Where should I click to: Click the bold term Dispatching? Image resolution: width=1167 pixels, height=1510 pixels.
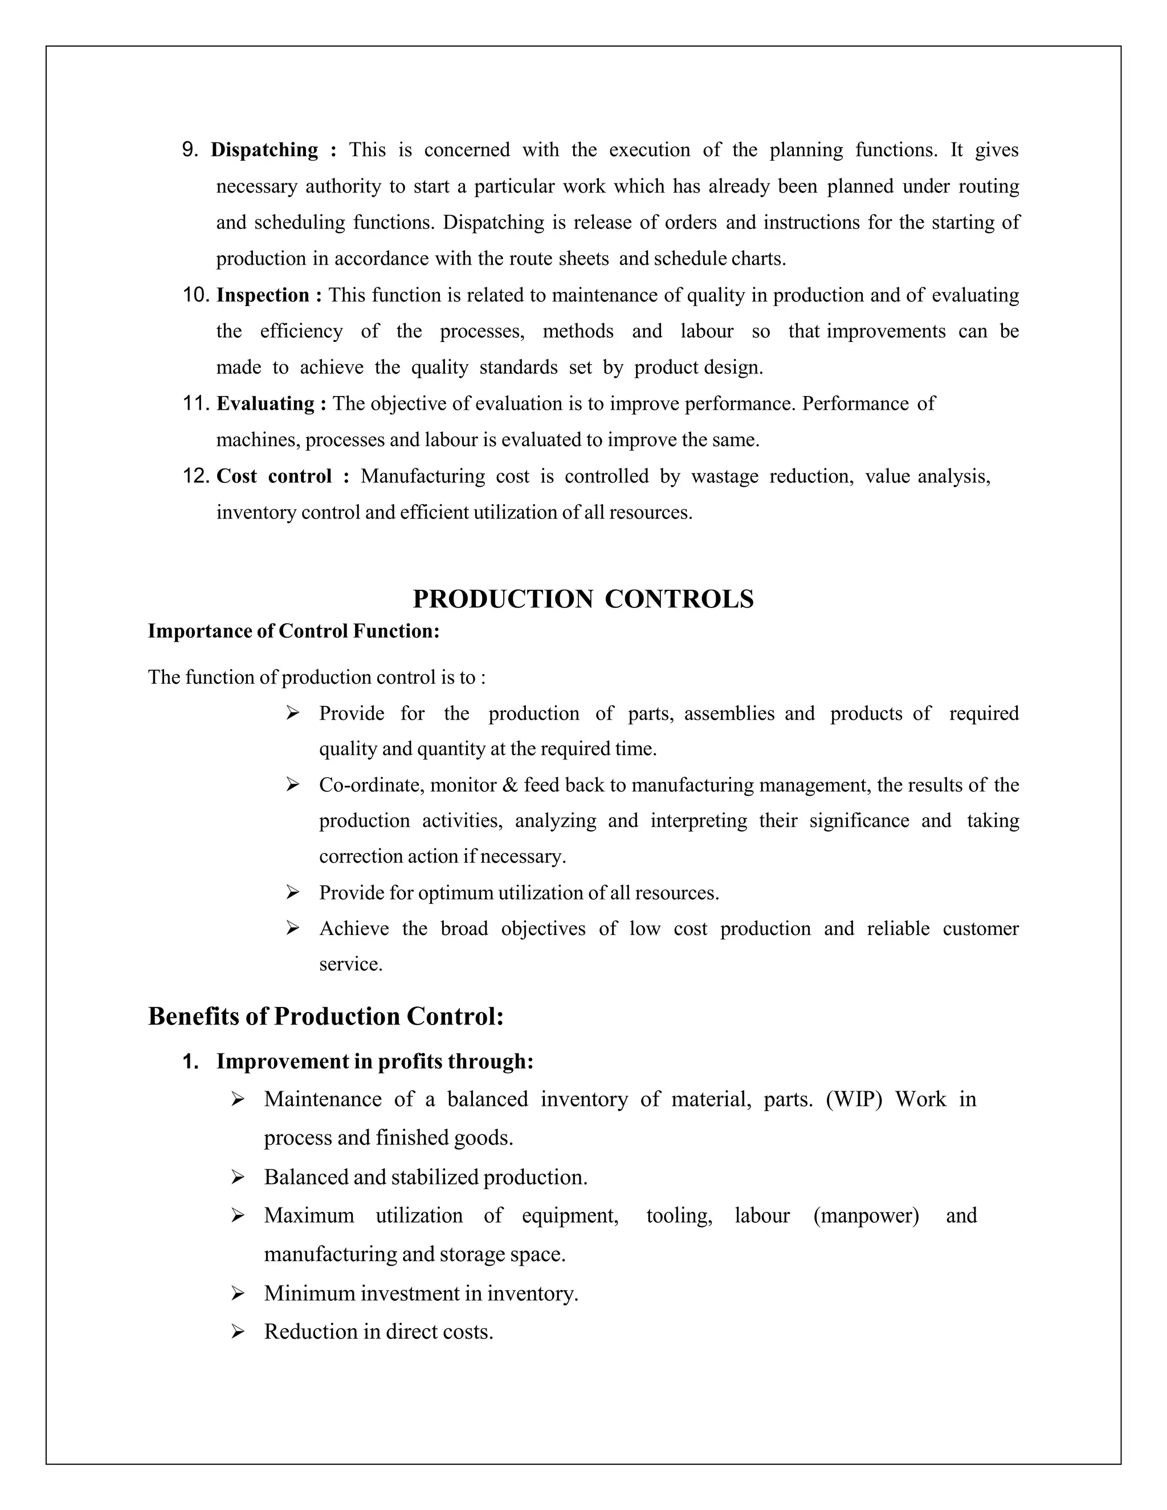point(264,150)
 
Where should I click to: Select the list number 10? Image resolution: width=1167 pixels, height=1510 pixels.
point(195,295)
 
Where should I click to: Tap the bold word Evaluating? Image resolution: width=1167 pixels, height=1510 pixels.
point(266,404)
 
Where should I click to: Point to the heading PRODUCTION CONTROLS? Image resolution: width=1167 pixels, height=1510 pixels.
point(583,599)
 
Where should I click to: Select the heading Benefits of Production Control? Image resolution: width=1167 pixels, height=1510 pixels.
point(325,1017)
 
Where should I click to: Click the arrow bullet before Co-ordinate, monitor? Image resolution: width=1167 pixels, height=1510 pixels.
point(292,785)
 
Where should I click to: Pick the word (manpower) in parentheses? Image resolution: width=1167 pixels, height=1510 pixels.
point(866,1215)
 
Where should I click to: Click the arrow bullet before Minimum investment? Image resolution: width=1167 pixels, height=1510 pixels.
point(238,1293)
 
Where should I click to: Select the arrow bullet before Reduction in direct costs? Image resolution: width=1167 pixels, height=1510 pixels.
point(238,1332)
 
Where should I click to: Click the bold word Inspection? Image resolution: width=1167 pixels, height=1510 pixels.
point(263,296)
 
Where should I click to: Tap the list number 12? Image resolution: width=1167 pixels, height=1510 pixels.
point(195,476)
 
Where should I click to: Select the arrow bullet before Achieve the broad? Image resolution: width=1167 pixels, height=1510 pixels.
point(292,929)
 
